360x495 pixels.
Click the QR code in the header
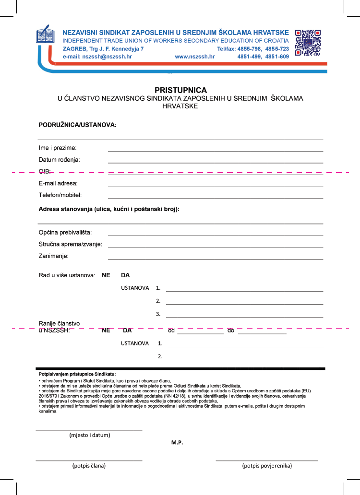pos(308,44)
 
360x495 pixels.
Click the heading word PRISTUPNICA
pos(180,90)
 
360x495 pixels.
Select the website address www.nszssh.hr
pos(194,57)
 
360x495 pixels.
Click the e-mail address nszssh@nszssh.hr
pos(97,57)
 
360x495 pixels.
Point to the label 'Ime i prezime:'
pos(58,148)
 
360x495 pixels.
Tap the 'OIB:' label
pos(45,171)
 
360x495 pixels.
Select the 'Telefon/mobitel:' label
pos(60,195)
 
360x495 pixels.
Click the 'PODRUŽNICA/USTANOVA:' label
pos(78,125)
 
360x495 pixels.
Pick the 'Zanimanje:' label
pos(54,256)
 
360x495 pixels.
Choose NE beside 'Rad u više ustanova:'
pos(106,275)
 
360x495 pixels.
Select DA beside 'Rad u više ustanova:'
pos(125,275)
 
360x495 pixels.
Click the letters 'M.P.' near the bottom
pos(177,442)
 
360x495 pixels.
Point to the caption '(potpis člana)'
pos(89,465)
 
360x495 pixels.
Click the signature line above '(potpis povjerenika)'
pos(267,460)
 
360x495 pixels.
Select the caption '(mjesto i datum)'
pos(90,435)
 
